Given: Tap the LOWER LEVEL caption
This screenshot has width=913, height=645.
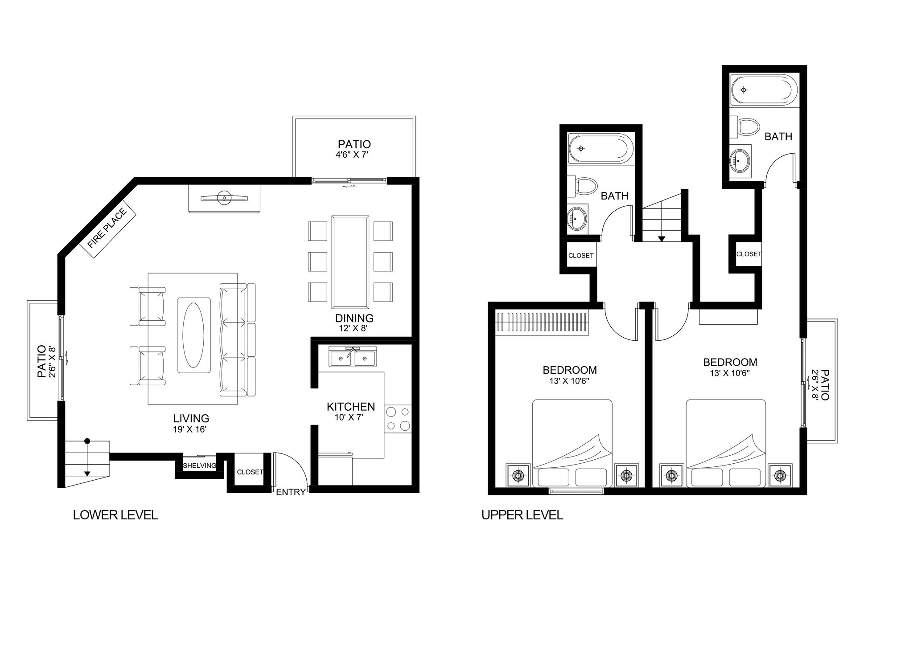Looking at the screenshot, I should [x=115, y=515].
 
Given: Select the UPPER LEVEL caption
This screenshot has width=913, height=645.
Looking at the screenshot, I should [x=522, y=515].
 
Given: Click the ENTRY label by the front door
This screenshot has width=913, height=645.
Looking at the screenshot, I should [x=290, y=492].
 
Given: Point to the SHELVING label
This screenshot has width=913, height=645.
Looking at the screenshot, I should [x=199, y=466].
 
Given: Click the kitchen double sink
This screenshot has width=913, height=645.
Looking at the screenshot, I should [x=353, y=358].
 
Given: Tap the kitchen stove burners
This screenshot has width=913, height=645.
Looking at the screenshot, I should [x=398, y=419].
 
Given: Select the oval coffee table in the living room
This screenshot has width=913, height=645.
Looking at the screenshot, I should [x=194, y=335].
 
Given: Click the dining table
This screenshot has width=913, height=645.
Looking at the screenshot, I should [x=350, y=262].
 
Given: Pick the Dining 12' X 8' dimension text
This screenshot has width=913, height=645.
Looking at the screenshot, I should [x=354, y=328].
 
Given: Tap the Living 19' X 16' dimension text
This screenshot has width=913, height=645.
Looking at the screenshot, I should [x=190, y=429].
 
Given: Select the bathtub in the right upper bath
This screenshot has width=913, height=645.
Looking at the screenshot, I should [x=762, y=90].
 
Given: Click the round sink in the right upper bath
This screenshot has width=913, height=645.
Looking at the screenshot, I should [x=740, y=159].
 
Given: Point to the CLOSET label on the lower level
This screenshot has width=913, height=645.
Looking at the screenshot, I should [x=250, y=472].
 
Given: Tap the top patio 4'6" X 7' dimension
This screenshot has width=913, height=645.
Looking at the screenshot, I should [x=354, y=155].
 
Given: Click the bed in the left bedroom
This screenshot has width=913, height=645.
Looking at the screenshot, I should [x=572, y=443].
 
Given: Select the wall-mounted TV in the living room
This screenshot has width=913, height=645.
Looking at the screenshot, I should [x=224, y=198].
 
